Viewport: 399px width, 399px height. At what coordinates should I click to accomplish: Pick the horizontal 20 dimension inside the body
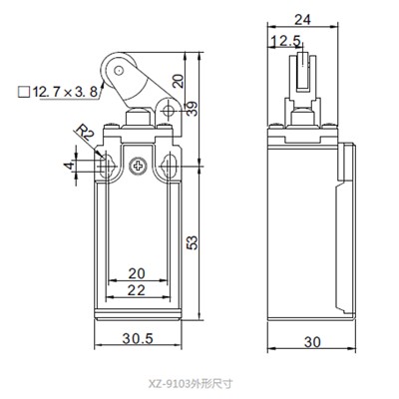139,272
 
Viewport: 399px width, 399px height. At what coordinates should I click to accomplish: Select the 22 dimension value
139,289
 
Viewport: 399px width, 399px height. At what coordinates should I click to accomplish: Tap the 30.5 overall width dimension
140,338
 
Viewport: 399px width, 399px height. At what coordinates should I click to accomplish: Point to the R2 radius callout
86,130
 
